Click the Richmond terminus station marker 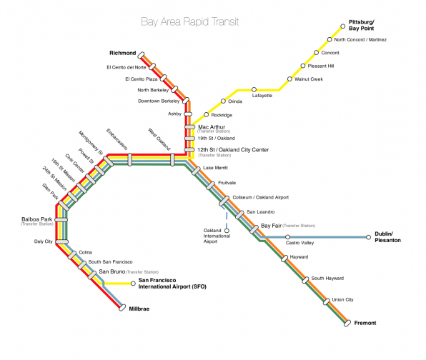pos(141,55)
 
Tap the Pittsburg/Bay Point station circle pos(343,26)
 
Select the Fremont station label pos(365,323)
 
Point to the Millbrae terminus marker pos(122,308)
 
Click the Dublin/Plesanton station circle pos(368,237)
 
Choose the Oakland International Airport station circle pos(227,231)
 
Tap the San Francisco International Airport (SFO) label pos(172,284)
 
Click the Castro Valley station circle pos(288,237)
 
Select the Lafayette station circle pos(254,89)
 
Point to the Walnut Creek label pos(309,79)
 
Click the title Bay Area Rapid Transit pos(190,21)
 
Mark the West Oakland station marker pos(172,159)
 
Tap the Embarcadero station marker pos(130,159)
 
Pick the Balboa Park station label pos(36,219)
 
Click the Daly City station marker pos(61,241)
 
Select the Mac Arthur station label pos(212,127)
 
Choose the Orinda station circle pos(223,101)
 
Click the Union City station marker pos(327,301)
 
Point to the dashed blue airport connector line pos(225,217)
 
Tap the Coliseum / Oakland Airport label pos(261,197)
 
